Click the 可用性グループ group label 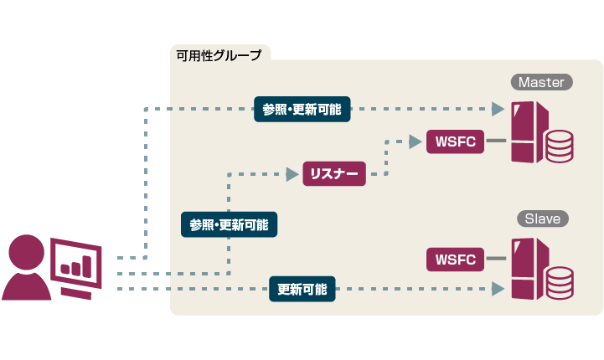(x=219, y=55)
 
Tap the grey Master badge (x=541, y=82)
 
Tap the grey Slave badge (x=541, y=219)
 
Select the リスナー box (x=334, y=174)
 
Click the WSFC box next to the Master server (x=455, y=141)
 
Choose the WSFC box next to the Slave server (x=455, y=260)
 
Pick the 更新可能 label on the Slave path (x=302, y=290)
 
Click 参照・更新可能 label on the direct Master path (x=302, y=109)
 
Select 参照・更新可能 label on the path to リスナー (x=230, y=224)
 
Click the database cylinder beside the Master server (x=559, y=146)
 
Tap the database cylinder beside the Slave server (x=559, y=282)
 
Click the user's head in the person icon (x=28, y=251)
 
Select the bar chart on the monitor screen (x=76, y=266)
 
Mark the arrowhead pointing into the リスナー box (x=292, y=174)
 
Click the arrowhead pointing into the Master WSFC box (x=416, y=141)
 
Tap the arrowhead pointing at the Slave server (x=498, y=290)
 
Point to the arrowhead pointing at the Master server (x=498, y=109)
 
